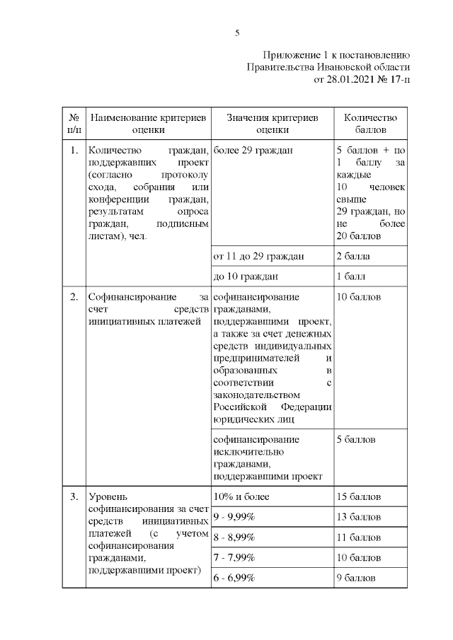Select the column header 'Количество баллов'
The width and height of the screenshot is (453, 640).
click(370, 124)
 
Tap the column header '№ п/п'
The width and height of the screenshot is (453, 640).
click(74, 124)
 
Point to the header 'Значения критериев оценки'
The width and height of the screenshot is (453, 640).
click(273, 124)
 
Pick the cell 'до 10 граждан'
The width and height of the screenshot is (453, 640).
click(246, 277)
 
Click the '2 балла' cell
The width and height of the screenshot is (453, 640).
click(353, 256)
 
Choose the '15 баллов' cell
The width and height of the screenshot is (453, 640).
click(359, 496)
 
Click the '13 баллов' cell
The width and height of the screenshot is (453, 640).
click(359, 517)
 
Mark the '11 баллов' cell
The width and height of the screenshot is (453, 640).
click(359, 537)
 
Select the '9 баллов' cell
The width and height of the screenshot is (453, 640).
click(356, 578)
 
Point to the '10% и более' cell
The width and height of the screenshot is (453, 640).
click(241, 496)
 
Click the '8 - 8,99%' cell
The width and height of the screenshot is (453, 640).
click(234, 537)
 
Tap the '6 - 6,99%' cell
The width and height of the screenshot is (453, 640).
click(234, 578)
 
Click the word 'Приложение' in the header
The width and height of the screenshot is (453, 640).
click(290, 54)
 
